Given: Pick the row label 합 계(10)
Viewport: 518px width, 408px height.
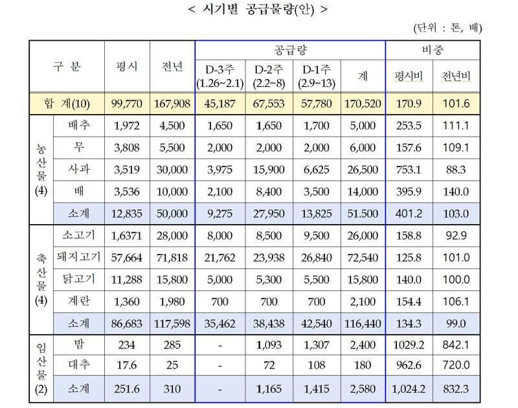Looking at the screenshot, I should pyautogui.click(x=69, y=104).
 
